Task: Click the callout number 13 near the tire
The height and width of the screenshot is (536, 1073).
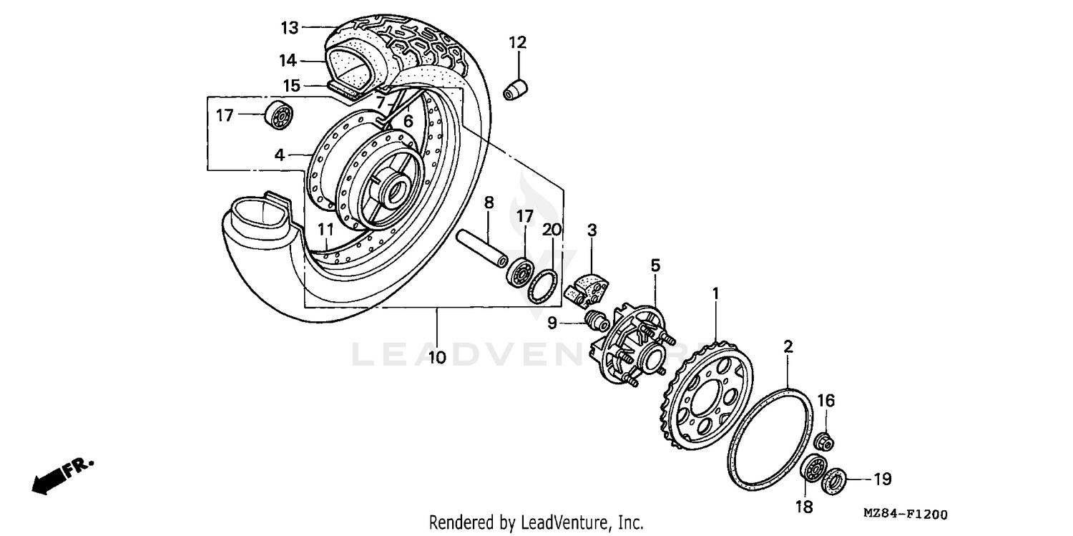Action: click(289, 28)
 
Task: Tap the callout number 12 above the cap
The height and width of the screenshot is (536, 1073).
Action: click(517, 42)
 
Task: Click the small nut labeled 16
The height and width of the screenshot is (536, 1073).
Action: click(823, 442)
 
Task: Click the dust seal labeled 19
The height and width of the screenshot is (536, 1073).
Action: click(835, 479)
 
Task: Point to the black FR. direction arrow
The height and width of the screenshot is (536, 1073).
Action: click(47, 482)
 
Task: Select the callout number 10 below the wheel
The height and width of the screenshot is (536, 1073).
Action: click(436, 356)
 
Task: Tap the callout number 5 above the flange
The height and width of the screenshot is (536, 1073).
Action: click(655, 265)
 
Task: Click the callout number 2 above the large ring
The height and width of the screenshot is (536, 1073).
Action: click(788, 347)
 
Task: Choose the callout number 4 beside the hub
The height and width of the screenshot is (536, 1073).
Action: click(280, 154)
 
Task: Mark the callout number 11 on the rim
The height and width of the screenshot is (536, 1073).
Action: click(326, 230)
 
